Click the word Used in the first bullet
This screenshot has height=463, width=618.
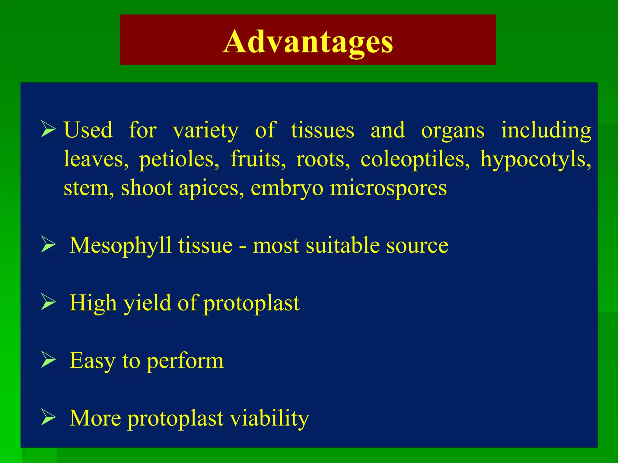[88, 130]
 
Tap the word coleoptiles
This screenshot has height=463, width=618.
[415, 159]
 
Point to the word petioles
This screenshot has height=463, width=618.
[179, 159]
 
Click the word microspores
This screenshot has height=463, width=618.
[388, 188]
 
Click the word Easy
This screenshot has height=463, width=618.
[92, 361]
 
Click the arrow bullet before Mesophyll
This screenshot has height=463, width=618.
[48, 244]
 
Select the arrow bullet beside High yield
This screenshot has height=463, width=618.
[48, 302]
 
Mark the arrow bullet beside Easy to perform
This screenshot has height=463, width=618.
[48, 360]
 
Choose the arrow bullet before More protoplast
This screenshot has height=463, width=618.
[48, 417]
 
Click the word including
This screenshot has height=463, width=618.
[546, 130]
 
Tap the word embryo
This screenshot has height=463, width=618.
[287, 188]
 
